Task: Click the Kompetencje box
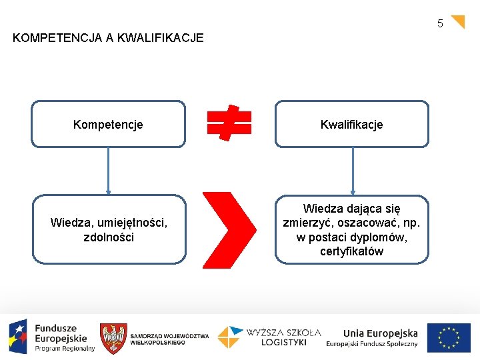tap(108, 124)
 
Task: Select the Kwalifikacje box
tap(351, 124)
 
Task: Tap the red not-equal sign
tap(229, 123)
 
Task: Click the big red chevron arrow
tap(229, 229)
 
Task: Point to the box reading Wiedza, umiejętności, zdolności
tap(109, 229)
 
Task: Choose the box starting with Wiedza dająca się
tap(351, 229)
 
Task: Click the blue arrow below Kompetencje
tap(109, 170)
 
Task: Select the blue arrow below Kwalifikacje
tap(353, 170)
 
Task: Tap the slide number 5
tap(440, 24)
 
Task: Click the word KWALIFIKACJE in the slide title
tap(160, 38)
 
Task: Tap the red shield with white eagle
tap(113, 338)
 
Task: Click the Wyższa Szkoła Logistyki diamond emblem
tap(229, 337)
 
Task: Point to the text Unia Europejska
tap(380, 333)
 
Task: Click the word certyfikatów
tap(351, 251)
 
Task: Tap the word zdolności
tap(109, 237)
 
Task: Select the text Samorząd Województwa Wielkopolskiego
tap(169, 339)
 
